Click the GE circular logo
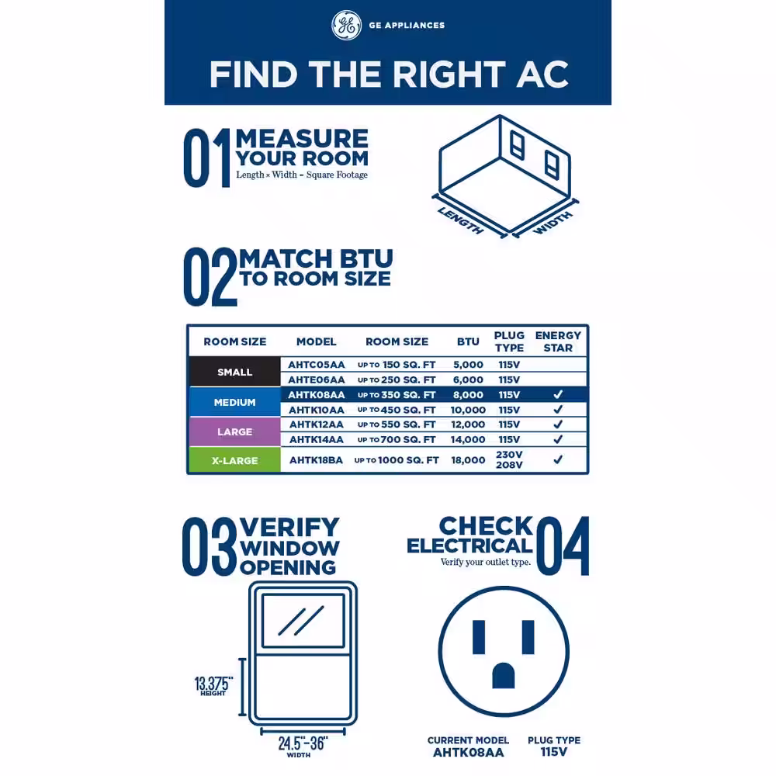[x=346, y=26]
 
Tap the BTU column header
[x=468, y=341]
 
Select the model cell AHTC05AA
[x=317, y=365]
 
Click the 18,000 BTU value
[x=468, y=459]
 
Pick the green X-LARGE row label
[x=234, y=460]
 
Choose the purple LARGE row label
[x=234, y=431]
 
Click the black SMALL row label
[x=234, y=372]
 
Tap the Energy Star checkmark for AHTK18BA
[x=558, y=459]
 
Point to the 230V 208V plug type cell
[x=509, y=459]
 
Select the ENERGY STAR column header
[x=558, y=341]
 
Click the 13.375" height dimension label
[x=213, y=685]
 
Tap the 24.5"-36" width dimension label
[x=303, y=747]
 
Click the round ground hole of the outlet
[x=504, y=676]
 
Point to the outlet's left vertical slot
[x=479, y=637]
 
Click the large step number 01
[x=207, y=158]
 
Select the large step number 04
[x=563, y=546]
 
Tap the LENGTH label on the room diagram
[x=461, y=220]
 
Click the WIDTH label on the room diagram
[x=553, y=222]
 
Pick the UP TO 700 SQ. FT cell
[x=397, y=439]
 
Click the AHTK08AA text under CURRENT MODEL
[x=468, y=753]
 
